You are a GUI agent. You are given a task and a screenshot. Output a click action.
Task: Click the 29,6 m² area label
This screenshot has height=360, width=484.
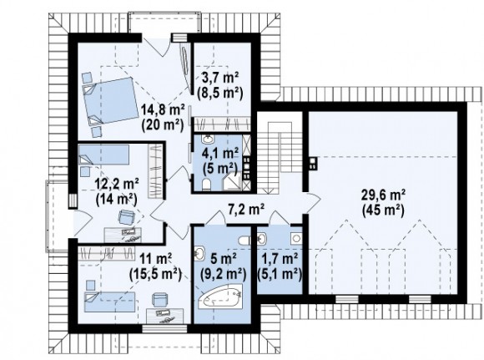pos(383,195)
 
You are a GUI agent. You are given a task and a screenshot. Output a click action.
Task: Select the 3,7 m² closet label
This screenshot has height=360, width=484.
pos(219,77)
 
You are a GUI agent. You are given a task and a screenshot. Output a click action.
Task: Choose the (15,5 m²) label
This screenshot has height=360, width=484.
pos(155,273)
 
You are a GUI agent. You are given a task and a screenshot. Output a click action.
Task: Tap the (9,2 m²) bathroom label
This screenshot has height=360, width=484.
pos(223,273)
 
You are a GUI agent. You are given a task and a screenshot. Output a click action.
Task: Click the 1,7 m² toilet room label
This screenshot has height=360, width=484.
pos(280,257)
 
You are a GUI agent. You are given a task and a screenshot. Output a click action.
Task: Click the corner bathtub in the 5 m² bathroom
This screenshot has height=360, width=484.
pos(220,297)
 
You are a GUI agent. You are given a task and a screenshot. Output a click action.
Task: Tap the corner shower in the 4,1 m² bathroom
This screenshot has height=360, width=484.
pos(234,180)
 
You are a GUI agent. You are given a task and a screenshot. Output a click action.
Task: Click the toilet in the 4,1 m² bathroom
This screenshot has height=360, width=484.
pos(206,184)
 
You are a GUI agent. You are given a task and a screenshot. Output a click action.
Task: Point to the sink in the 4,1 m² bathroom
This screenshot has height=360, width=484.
pos(208,139)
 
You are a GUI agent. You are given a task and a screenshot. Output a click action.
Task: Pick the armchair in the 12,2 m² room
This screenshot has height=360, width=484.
pos(127,216)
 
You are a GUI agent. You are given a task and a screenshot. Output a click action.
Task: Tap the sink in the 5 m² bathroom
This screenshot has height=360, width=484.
pos(199,253)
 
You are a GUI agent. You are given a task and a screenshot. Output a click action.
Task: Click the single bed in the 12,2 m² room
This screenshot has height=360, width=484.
pos(103,155)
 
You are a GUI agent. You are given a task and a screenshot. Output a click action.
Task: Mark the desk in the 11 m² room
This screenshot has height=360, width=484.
pos(165,316)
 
